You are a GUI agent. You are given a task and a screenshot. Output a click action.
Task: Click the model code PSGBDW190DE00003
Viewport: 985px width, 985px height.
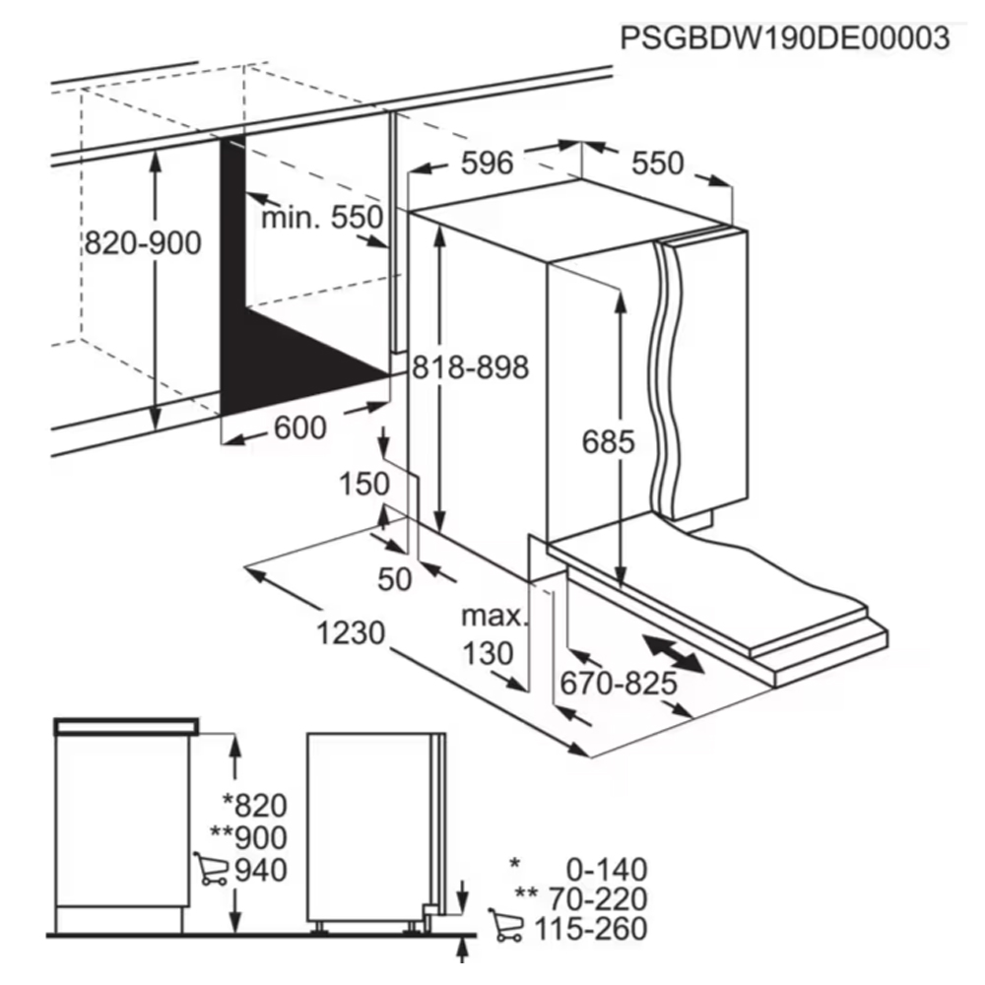785,37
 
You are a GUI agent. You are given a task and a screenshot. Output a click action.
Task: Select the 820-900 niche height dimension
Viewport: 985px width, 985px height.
143,243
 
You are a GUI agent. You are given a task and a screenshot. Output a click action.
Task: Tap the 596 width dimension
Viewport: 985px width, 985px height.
487,164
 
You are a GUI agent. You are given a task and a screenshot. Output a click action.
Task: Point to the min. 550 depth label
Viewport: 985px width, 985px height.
322,218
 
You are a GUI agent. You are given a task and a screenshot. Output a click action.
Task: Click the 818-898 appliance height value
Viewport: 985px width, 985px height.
471,367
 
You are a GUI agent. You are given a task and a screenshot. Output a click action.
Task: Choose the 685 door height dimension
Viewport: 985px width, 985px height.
608,441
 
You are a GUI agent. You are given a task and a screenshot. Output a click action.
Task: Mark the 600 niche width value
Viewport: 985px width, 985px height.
300,428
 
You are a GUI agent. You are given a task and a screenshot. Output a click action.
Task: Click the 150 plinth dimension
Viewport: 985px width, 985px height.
364,485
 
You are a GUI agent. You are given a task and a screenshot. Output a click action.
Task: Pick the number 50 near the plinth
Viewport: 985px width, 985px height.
395,579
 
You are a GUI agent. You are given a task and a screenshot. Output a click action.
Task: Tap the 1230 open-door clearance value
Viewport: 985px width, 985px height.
351,632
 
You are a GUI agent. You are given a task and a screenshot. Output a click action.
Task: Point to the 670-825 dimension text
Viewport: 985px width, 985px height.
619,684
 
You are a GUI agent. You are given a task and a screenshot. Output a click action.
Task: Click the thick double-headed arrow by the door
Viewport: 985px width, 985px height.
672,654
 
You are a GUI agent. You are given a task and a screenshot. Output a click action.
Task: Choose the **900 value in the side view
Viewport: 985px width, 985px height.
249,837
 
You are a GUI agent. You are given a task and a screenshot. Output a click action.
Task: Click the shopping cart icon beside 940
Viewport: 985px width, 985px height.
211,869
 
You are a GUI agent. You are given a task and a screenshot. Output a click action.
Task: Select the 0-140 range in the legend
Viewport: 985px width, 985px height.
607,870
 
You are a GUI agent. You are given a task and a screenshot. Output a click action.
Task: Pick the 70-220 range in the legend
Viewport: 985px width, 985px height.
598,899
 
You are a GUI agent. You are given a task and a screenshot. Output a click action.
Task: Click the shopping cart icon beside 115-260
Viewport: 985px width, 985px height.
505,925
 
